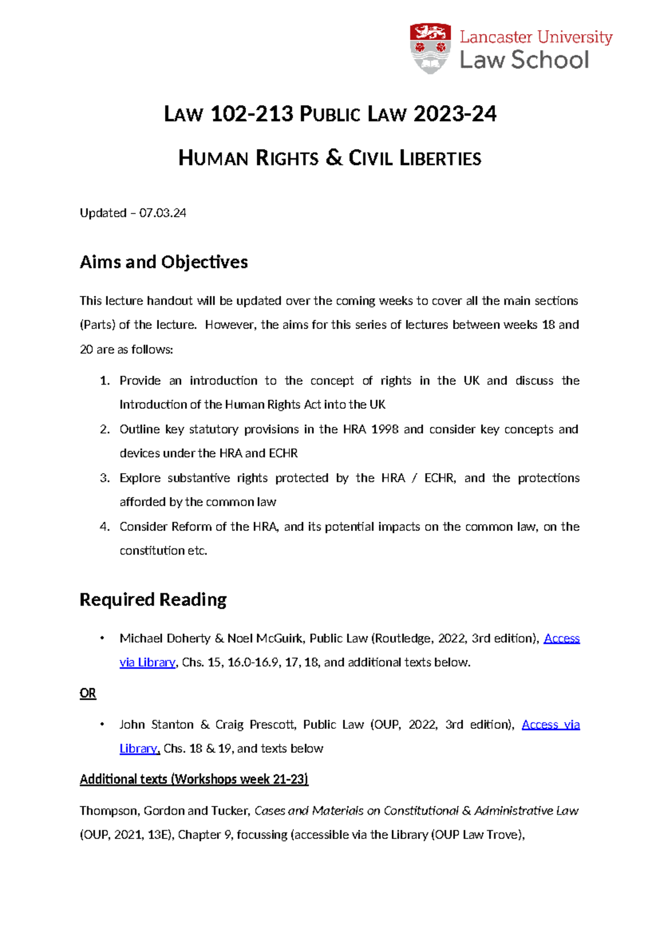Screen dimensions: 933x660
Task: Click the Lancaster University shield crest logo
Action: click(x=430, y=48)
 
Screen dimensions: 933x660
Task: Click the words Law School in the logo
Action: click(x=524, y=60)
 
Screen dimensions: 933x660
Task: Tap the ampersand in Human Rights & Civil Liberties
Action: click(x=333, y=158)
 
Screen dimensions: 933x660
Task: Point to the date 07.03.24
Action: click(x=163, y=213)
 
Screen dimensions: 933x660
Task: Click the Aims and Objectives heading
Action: click(x=163, y=262)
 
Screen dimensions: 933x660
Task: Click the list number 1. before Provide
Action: click(x=105, y=381)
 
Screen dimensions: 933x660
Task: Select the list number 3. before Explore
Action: click(x=105, y=478)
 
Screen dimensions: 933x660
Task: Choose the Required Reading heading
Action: click(x=153, y=599)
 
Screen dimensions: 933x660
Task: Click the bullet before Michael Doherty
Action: click(x=102, y=638)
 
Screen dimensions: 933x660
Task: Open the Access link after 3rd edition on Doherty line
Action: click(x=562, y=638)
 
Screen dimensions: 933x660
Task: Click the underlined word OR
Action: click(x=88, y=693)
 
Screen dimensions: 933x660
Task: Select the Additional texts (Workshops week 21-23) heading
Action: click(x=194, y=780)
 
